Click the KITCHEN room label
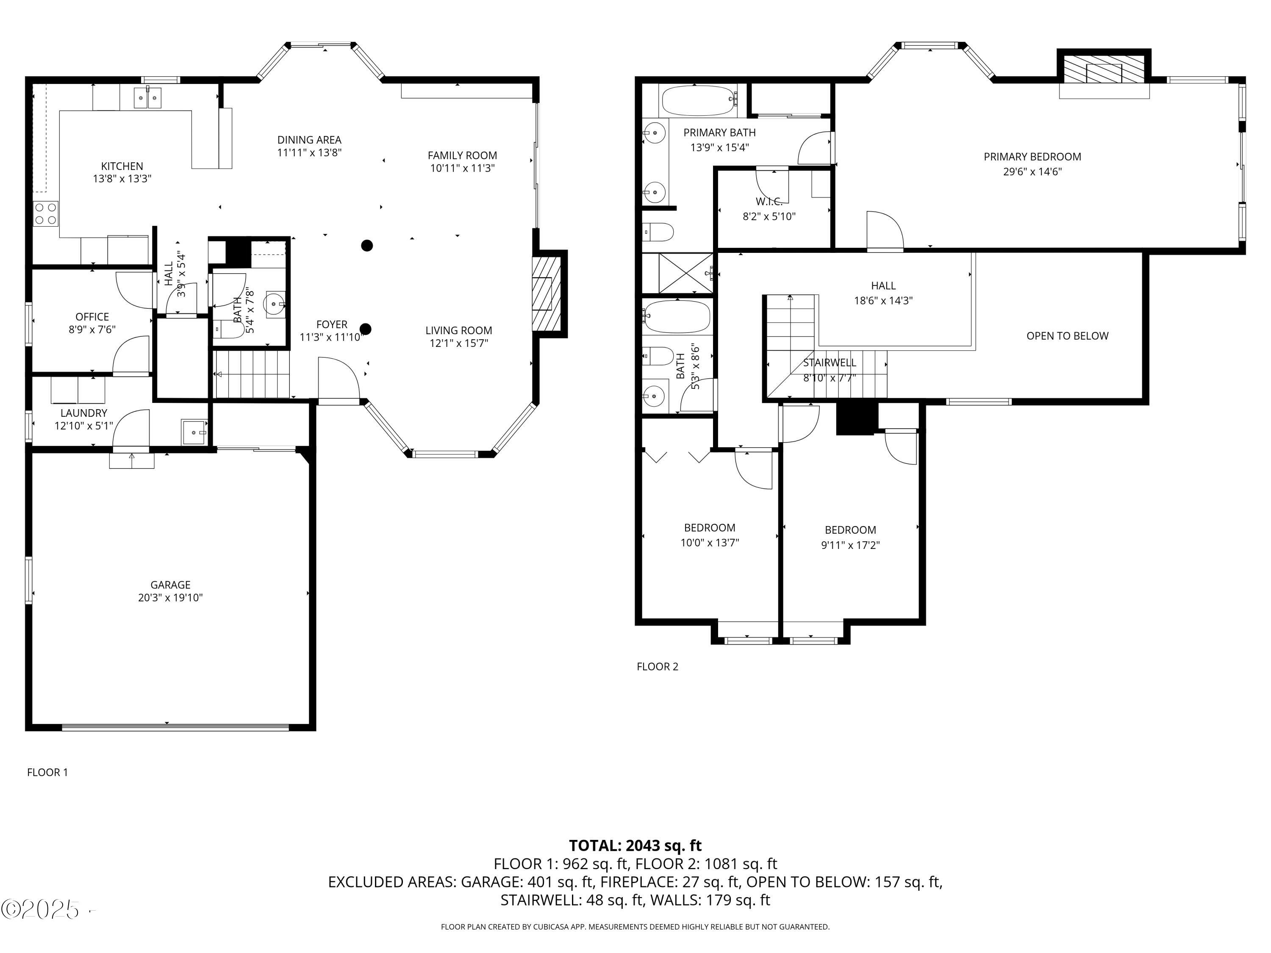[x=122, y=166]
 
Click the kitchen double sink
[x=148, y=98]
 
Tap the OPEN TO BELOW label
[x=1067, y=335]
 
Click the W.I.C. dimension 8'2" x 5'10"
[x=769, y=216]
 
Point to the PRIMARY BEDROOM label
[x=1032, y=156]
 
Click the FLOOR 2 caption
[x=658, y=666]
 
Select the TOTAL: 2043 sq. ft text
[x=635, y=845]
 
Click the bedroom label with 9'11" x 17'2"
[x=850, y=529]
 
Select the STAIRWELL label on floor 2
[x=829, y=363]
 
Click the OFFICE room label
[x=92, y=316]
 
